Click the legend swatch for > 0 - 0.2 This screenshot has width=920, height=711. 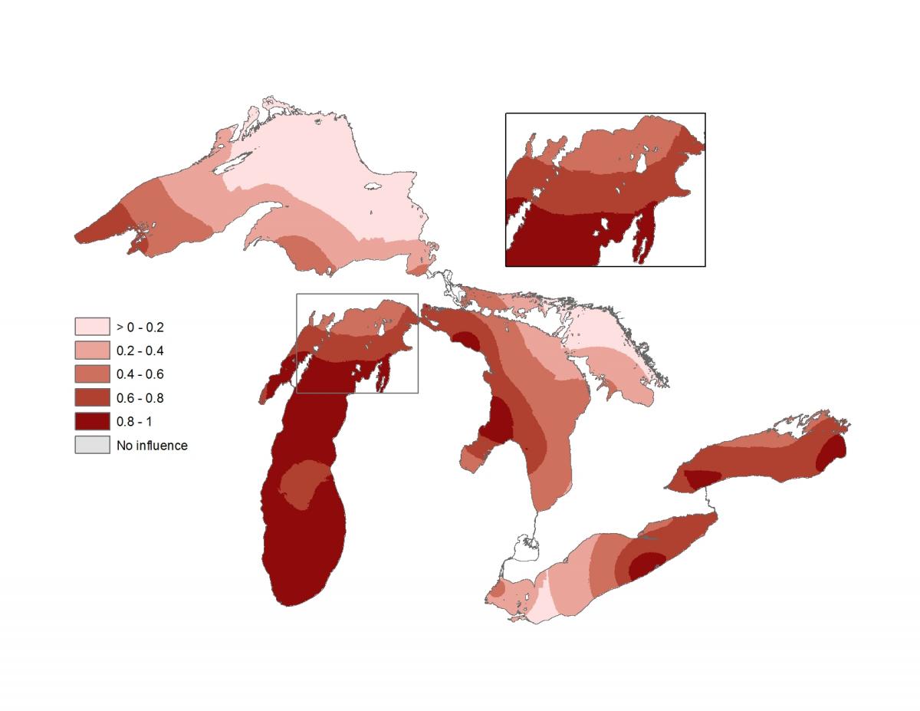(x=91, y=327)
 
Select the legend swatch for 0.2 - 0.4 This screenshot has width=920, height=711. (x=91, y=351)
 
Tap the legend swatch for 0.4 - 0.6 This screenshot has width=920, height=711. (x=91, y=374)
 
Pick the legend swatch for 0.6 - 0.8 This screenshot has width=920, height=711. (x=91, y=398)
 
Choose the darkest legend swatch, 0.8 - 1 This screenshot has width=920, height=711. (x=91, y=422)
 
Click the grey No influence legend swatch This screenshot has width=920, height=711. (x=91, y=445)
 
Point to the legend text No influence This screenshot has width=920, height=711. (x=152, y=445)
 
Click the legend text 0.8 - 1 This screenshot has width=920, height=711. (x=133, y=422)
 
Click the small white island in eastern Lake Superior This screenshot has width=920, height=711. (x=373, y=186)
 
